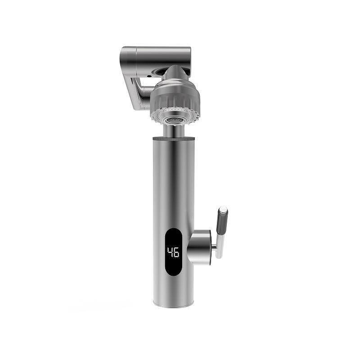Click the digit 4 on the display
coord(170,252)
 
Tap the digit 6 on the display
coord(176,252)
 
